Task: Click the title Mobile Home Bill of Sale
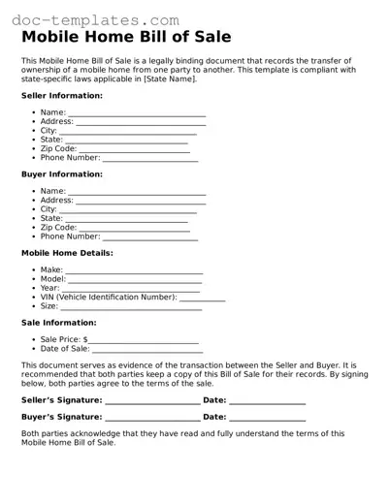pyautogui.click(x=126, y=38)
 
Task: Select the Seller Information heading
pyautogui.click(x=62, y=96)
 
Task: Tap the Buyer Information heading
pyautogui.click(x=62, y=174)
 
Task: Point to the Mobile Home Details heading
pyautogui.click(x=67, y=253)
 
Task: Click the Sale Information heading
pyautogui.click(x=58, y=323)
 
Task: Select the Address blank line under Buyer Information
pyautogui.click(x=141, y=202)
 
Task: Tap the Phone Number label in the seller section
pyautogui.click(x=70, y=158)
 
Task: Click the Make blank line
pyautogui.click(x=134, y=272)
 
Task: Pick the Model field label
pyautogui.click(x=52, y=279)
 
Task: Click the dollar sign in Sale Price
pyautogui.click(x=85, y=340)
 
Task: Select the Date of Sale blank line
pyautogui.click(x=146, y=350)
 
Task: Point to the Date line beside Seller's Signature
pyautogui.click(x=268, y=401)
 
